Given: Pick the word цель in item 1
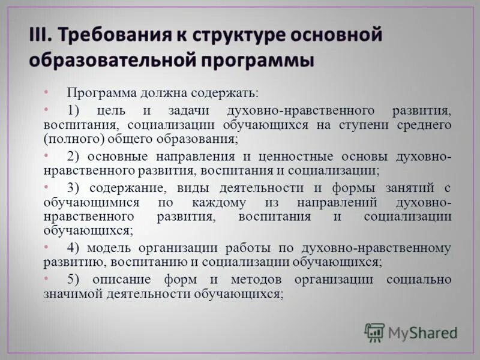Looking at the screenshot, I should coord(113,111).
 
